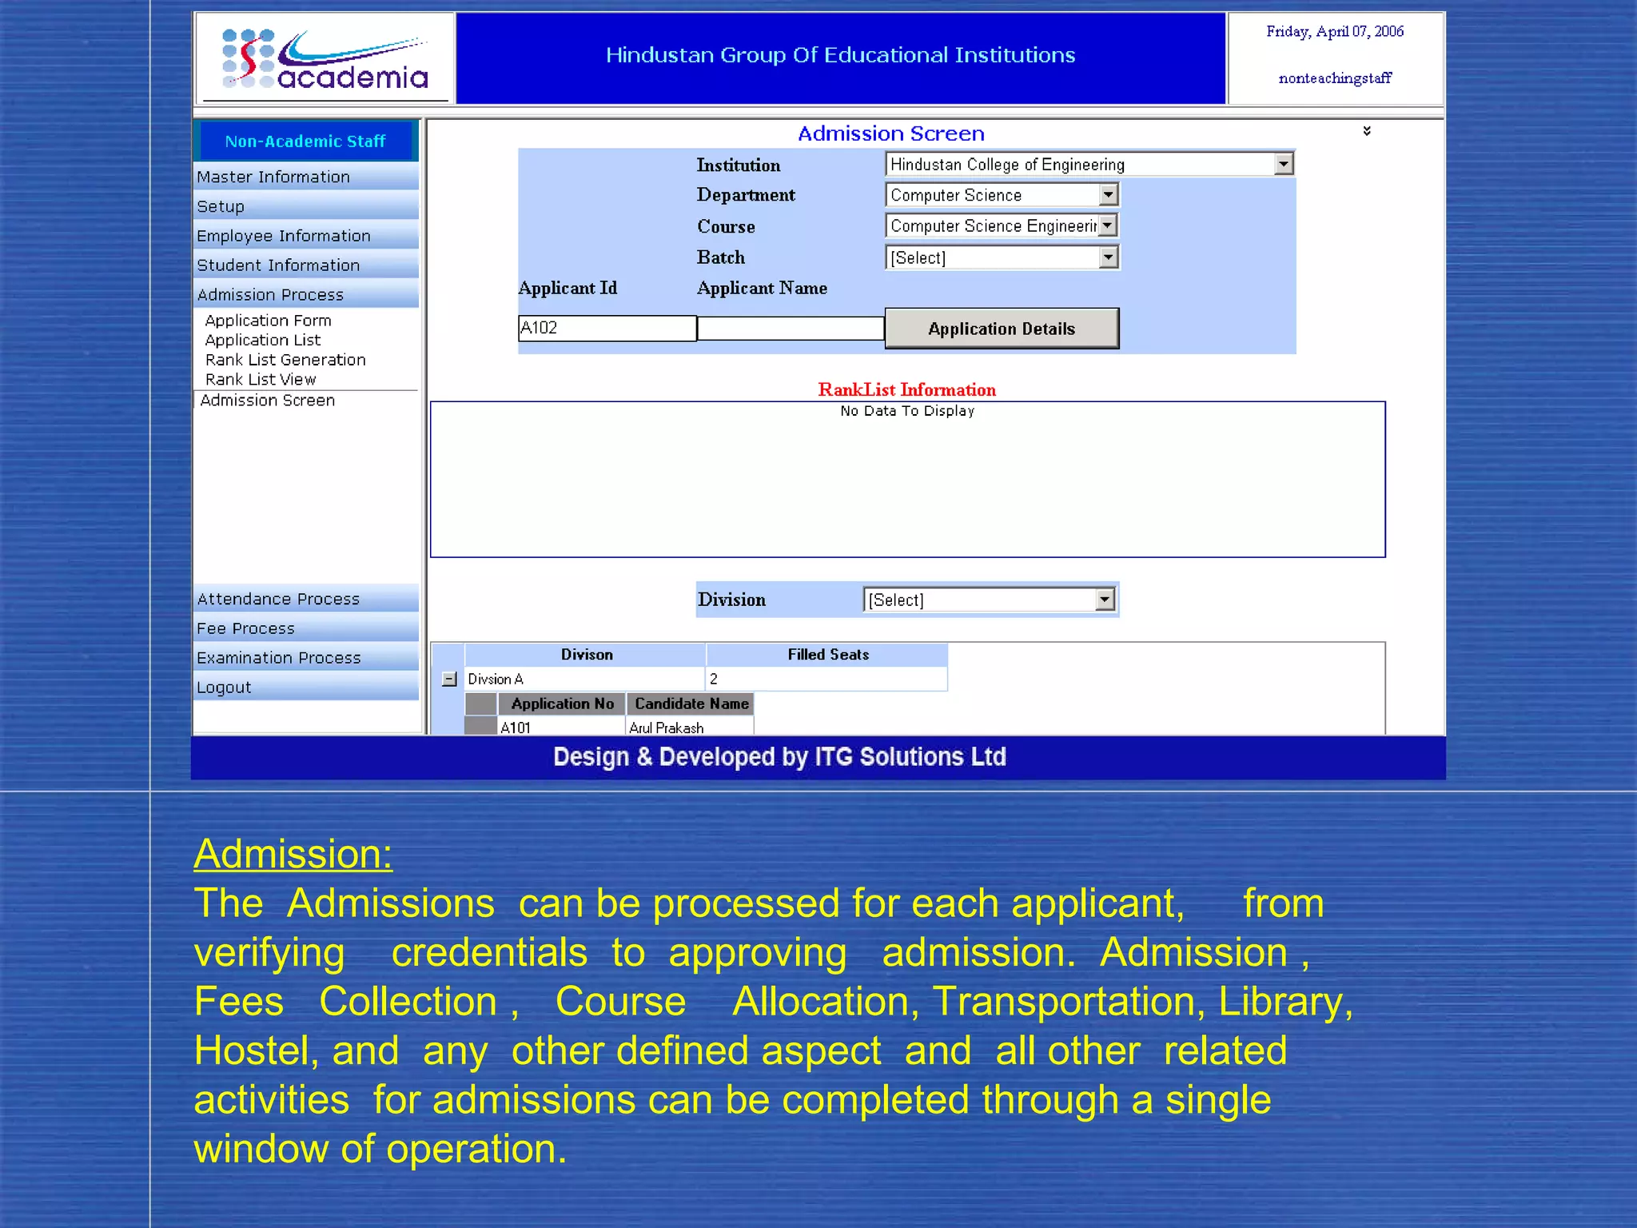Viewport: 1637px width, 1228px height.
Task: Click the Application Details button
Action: [x=1001, y=329]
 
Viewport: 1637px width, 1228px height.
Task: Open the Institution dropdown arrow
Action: [x=1283, y=164]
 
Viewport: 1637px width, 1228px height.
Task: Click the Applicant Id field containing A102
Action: [x=607, y=328]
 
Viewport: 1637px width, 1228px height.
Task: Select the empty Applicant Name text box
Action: [x=790, y=328]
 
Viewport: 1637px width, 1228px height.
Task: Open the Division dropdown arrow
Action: [x=1105, y=600]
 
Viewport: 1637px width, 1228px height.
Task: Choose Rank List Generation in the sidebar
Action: [x=285, y=360]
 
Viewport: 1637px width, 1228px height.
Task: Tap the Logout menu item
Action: [x=224, y=688]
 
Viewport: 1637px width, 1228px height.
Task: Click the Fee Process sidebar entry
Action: [x=245, y=628]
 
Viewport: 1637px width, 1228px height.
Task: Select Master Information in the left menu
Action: [x=273, y=177]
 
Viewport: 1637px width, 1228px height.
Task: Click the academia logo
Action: [x=325, y=59]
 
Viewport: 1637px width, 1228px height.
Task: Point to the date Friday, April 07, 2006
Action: [x=1334, y=32]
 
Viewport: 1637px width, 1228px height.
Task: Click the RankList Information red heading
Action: [x=906, y=390]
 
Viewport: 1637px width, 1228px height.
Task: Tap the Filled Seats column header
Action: [x=827, y=655]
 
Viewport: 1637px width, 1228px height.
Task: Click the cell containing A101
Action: [x=516, y=728]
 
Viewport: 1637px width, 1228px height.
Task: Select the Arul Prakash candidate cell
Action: [x=667, y=728]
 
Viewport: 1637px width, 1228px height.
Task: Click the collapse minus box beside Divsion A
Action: [x=450, y=680]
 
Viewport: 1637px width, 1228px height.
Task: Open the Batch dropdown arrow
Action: [x=1108, y=257]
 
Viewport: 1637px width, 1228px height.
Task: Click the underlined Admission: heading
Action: [x=293, y=854]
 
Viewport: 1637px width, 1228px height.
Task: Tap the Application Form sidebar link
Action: [x=268, y=321]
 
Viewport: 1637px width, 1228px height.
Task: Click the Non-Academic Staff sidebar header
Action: [x=305, y=142]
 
